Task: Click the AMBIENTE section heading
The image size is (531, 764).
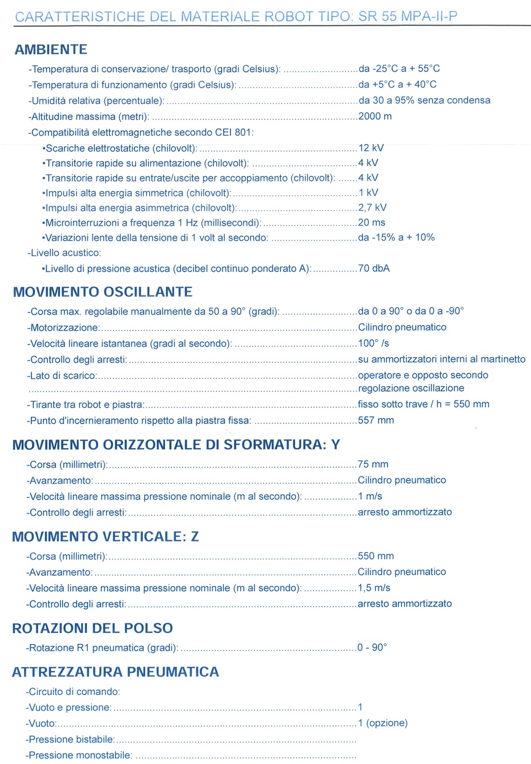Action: [x=51, y=50]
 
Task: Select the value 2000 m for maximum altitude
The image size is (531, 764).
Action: [x=375, y=116]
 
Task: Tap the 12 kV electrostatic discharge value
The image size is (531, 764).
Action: [x=371, y=148]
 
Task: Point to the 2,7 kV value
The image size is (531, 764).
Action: [x=372, y=208]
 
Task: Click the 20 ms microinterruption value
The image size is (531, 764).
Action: [x=371, y=222]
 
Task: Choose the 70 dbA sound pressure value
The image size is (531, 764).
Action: [x=374, y=268]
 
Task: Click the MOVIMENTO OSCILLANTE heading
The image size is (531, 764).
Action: [x=102, y=292]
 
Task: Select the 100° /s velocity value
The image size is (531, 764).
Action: [x=373, y=343]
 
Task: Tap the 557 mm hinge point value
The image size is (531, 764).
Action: [x=376, y=420]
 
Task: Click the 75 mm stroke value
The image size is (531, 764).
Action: [x=373, y=464]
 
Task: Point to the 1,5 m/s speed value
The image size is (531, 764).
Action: [x=374, y=588]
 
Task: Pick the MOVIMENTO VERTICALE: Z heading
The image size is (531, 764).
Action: [x=105, y=537]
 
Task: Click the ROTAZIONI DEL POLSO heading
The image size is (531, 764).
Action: [x=92, y=628]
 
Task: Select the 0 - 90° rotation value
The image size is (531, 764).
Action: [x=372, y=648]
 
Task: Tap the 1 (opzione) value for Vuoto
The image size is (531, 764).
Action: [x=382, y=723]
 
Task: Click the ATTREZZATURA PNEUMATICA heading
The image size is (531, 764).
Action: [x=115, y=672]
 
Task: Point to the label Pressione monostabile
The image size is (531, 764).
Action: [x=80, y=755]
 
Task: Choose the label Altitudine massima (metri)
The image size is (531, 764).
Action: [x=89, y=117]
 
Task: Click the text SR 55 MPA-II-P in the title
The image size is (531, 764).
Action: [x=408, y=16]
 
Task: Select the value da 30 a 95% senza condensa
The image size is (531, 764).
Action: [x=424, y=101]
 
